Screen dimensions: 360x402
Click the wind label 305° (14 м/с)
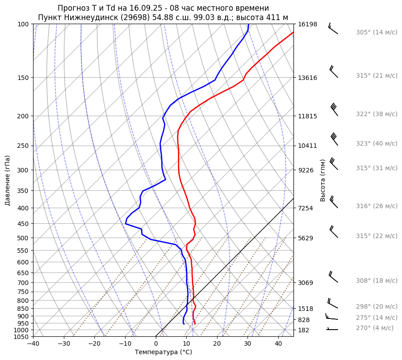click(376, 33)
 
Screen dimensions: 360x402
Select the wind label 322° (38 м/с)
click(376, 114)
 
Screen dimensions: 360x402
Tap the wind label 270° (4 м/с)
click(374, 328)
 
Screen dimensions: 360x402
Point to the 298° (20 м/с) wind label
click(376, 307)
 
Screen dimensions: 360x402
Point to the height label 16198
click(307, 24)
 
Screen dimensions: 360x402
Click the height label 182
click(304, 330)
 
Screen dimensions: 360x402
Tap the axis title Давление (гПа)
click(8, 180)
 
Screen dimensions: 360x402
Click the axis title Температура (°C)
click(163, 352)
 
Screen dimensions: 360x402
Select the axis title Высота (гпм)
click(323, 180)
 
